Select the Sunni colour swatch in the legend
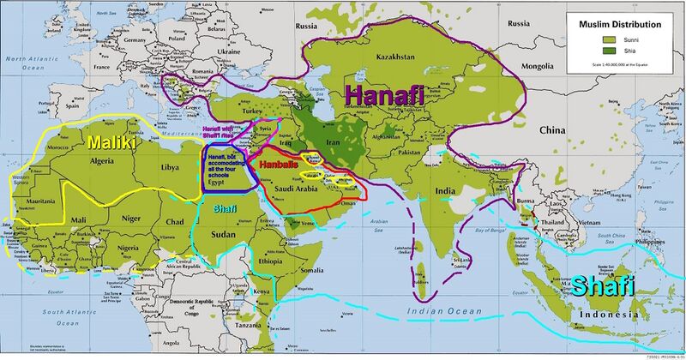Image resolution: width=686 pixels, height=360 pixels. pos(588,39)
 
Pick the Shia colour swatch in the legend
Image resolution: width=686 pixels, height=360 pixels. pos(588,49)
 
